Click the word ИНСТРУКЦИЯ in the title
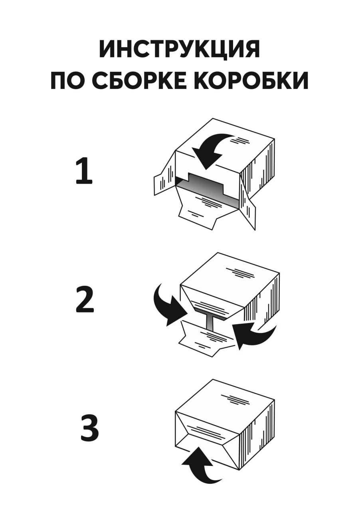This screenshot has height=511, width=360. click(x=180, y=50)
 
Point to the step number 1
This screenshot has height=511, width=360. click(x=84, y=171)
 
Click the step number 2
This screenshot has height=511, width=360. click(x=84, y=299)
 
